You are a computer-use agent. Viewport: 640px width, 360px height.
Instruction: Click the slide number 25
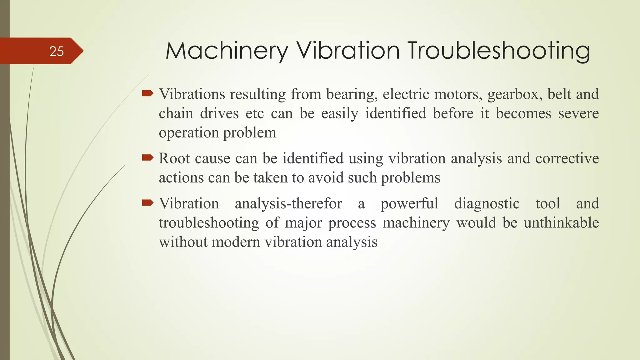point(57,51)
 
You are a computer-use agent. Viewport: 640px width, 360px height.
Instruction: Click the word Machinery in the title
point(227,51)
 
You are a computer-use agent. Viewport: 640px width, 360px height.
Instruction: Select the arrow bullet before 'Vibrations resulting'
point(147,93)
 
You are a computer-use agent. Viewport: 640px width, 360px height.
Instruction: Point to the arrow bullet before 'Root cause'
point(147,157)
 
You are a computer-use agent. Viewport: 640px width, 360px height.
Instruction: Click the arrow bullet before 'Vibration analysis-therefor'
point(147,203)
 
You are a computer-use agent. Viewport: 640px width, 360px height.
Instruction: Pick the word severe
point(578,113)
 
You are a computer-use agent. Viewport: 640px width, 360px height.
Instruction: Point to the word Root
point(174,158)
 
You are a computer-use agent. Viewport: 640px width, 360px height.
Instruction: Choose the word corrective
point(567,158)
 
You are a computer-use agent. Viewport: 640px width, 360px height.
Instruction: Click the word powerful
point(409,204)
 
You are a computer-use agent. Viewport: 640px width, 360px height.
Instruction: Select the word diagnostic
point(487,204)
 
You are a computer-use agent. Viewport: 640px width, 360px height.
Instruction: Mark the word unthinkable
point(561,223)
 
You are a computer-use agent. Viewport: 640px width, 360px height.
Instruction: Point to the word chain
point(176,113)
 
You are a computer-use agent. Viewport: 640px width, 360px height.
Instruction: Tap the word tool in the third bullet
point(548,204)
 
